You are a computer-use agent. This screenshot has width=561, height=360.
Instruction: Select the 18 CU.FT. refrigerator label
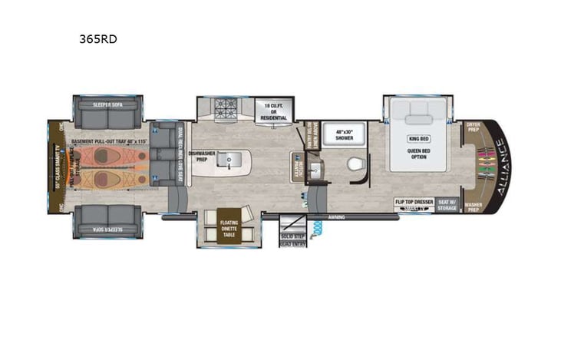274,111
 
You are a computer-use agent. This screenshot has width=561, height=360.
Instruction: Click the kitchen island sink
227,161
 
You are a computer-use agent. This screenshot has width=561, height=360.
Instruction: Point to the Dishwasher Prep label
204,157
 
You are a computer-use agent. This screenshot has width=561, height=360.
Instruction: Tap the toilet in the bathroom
355,163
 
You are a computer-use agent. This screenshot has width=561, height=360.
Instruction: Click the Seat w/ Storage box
447,203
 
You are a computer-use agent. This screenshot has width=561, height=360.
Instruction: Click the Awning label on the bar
336,217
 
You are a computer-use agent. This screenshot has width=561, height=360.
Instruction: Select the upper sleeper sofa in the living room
107,112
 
